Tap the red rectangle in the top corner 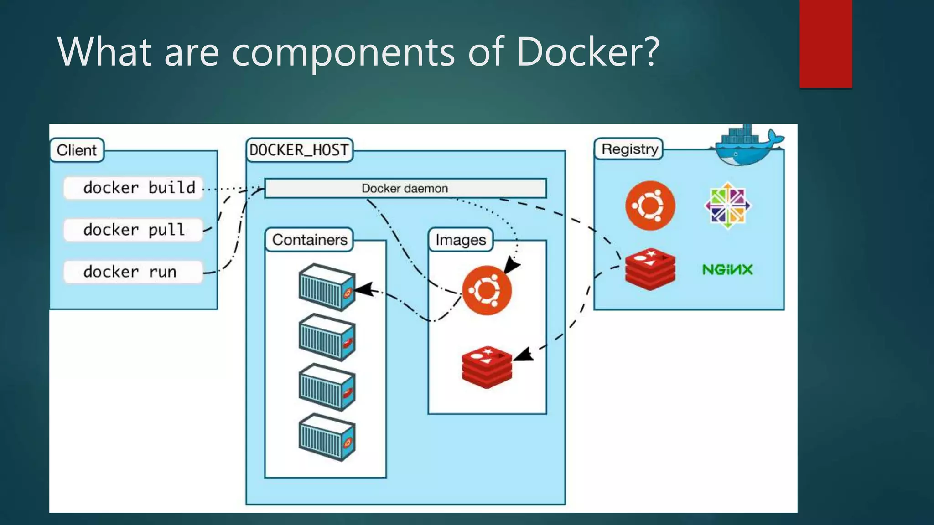[825, 43]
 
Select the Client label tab [77, 150]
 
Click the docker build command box [133, 188]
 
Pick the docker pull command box [133, 230]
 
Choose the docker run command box [133, 272]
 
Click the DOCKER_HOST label [299, 150]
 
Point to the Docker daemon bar [405, 188]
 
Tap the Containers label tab [309, 240]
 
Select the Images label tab [461, 240]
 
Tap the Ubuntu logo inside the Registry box [650, 206]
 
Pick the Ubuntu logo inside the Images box [487, 290]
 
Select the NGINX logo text [727, 269]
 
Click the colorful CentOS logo [727, 206]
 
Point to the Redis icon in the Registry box [650, 269]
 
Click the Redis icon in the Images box [487, 367]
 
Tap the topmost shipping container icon [327, 288]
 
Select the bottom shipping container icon [327, 437]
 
